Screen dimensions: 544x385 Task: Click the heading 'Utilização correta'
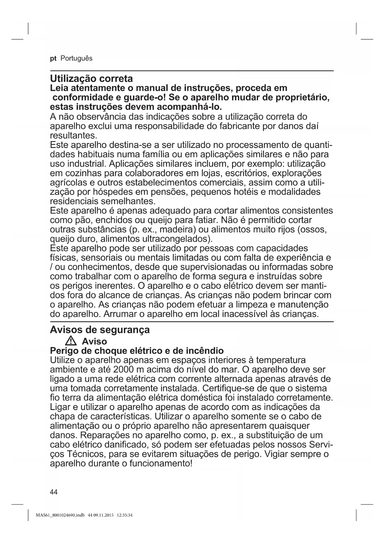pos(91,78)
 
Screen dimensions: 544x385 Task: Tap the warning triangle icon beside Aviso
pos(71,341)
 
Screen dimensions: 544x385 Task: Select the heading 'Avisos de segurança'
pos(100,330)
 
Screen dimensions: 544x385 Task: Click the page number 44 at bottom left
pos(54,492)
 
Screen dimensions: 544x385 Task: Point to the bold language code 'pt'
pos(53,59)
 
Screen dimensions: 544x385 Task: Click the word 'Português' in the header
pos(76,59)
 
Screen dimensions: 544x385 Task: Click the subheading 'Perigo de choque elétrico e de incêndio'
pos(137,351)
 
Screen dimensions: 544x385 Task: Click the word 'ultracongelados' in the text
pos(175,239)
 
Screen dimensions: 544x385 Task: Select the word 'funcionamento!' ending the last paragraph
pos(159,464)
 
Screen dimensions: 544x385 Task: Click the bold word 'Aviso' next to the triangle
pos(94,341)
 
